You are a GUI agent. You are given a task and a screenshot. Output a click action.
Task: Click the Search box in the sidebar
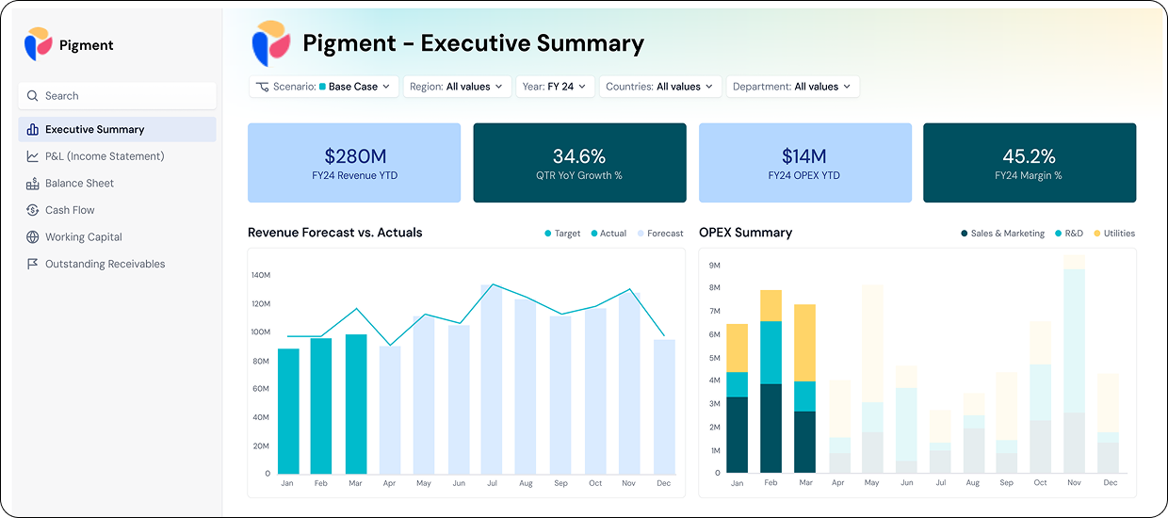117,96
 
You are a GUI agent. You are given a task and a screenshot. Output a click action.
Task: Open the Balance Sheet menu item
79,184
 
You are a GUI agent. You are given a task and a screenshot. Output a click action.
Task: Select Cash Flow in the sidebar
70,210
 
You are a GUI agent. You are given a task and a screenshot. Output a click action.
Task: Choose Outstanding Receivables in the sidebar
105,265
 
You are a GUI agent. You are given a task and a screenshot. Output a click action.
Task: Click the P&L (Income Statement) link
105,156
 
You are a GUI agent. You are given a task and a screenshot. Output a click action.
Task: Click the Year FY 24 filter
554,87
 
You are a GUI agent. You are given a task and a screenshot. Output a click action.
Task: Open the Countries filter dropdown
660,87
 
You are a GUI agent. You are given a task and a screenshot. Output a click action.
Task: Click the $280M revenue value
354,156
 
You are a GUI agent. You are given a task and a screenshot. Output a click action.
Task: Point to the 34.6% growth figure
578,156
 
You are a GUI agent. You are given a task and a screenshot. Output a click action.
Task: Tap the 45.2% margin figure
1029,156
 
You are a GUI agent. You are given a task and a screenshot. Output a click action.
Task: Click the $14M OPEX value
803,156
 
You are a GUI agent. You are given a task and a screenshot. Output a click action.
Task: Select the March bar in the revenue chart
356,405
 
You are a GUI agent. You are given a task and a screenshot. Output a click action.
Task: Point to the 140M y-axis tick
260,275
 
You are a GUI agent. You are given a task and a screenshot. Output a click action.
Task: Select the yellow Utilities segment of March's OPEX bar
804,342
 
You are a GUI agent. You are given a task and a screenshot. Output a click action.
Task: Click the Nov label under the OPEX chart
1074,483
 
